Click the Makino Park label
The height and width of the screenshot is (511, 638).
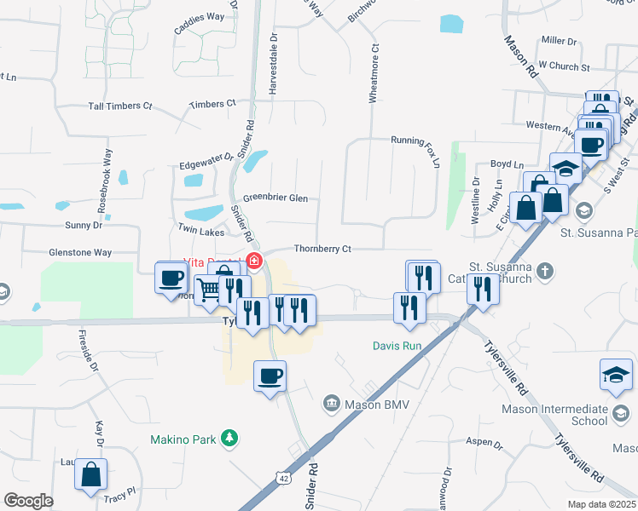[183, 439]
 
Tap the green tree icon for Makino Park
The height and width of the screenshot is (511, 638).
[228, 439]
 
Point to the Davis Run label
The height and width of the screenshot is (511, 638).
[397, 346]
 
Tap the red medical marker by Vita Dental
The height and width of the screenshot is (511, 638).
[252, 260]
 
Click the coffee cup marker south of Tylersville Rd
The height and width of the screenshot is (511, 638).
[270, 375]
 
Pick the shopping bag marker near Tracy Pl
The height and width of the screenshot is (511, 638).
[90, 474]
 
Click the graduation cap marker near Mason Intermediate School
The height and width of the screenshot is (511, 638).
[617, 374]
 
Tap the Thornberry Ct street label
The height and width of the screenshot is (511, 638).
[322, 249]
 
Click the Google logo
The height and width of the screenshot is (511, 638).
[28, 501]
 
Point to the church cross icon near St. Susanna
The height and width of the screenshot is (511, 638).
[545, 271]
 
